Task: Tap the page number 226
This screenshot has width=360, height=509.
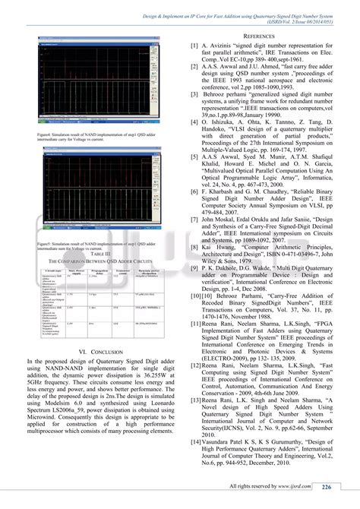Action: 326,487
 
